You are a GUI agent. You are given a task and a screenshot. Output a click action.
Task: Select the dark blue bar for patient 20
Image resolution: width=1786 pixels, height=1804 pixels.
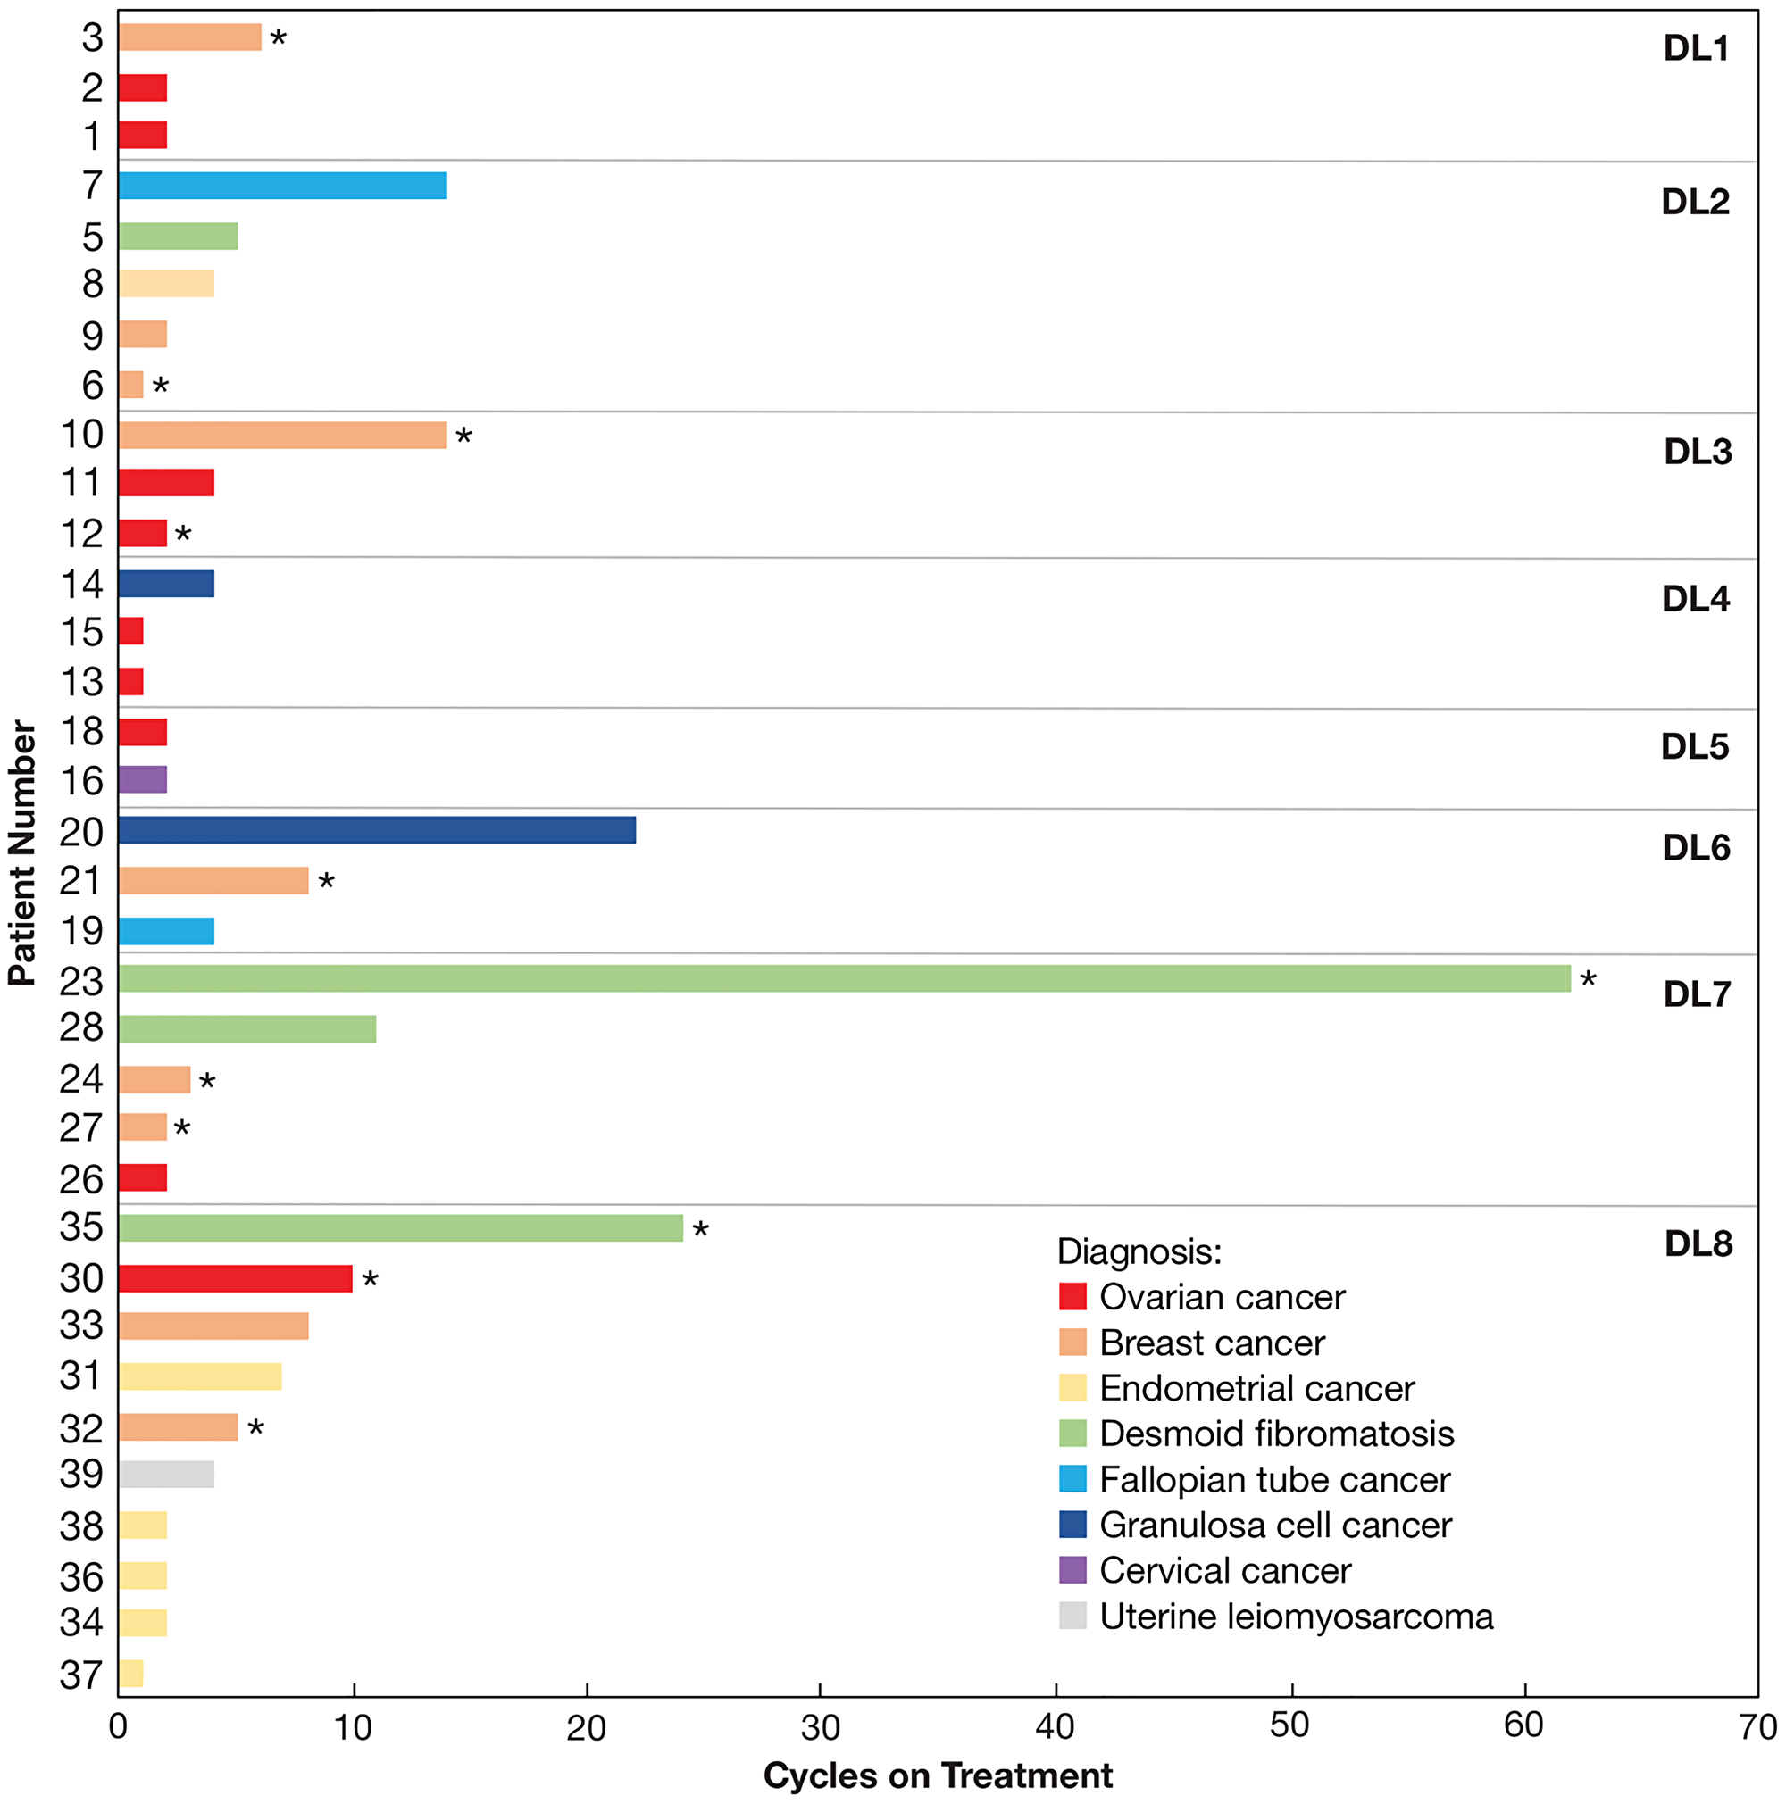pos(377,829)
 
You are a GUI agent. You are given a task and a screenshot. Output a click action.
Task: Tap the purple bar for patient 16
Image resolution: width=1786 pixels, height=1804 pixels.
pos(142,778)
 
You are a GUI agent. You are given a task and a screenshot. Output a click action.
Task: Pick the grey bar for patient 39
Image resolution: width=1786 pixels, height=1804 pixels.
pos(166,1475)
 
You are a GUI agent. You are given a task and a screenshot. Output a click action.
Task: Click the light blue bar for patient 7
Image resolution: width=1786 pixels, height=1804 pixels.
pos(282,185)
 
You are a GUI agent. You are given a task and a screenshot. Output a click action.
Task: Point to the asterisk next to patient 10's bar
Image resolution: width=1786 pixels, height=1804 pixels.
pos(463,437)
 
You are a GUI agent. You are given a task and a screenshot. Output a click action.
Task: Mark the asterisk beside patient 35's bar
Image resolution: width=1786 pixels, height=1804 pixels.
pos(701,1232)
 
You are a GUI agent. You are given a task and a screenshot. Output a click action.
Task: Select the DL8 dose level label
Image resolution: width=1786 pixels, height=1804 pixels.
pos(1698,1243)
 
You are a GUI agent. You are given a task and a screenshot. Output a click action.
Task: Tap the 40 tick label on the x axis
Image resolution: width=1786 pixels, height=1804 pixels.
pos(1055,1727)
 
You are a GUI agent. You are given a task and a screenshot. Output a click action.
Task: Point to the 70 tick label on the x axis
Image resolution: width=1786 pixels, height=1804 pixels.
pos(1757,1727)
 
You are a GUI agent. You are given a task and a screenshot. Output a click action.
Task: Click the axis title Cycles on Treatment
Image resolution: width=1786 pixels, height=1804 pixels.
pos(937,1775)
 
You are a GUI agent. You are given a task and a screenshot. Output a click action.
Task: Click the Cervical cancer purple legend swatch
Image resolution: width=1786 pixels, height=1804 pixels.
pos(1072,1569)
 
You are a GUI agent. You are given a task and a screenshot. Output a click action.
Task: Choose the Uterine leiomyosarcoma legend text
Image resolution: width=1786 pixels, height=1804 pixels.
pos(1296,1617)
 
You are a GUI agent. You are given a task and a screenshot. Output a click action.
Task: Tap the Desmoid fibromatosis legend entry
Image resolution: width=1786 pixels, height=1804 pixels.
pos(1276,1434)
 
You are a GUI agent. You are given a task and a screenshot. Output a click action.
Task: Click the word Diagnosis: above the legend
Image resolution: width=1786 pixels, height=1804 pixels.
pos(1139,1251)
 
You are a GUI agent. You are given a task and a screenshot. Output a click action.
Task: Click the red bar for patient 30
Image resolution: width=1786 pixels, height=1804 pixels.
pos(235,1278)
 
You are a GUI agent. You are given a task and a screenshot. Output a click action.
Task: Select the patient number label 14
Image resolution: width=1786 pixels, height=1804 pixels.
pos(81,585)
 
